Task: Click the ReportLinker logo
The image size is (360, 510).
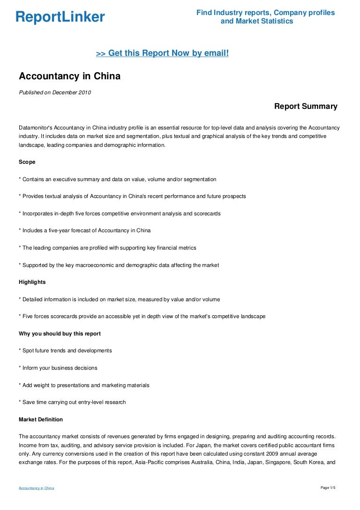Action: (x=60, y=17)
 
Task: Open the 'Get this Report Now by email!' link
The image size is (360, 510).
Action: (x=162, y=53)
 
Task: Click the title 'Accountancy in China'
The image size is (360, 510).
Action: (x=69, y=76)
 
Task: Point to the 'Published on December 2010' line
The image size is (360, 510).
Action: (x=55, y=92)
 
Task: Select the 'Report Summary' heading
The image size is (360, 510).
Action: (x=306, y=107)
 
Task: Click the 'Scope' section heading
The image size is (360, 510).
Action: (x=27, y=162)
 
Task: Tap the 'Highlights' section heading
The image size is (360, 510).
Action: (x=32, y=282)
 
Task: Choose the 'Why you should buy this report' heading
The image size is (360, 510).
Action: (x=60, y=334)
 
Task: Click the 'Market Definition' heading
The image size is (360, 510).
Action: (x=41, y=419)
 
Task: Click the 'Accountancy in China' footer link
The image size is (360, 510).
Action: (x=36, y=488)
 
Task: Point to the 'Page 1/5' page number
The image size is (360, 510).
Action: (x=328, y=488)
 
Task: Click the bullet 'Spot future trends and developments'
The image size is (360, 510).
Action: (x=65, y=350)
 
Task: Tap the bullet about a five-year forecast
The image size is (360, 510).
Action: (x=84, y=230)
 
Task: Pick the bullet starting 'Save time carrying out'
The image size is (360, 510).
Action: (x=72, y=402)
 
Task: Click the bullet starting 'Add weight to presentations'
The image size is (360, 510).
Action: (x=84, y=385)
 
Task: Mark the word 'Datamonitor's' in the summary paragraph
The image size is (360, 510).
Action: (x=36, y=128)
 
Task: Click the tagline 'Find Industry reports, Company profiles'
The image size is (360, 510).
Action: (x=265, y=13)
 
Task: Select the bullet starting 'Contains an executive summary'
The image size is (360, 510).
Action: (x=117, y=179)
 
